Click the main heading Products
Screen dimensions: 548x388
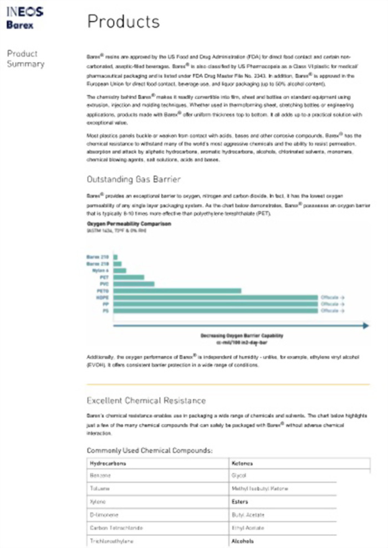pyautogui.click(x=123, y=22)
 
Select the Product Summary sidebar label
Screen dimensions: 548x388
pyautogui.click(x=25, y=59)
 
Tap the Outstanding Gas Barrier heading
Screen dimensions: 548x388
pyautogui.click(x=133, y=180)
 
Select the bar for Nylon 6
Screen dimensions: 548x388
pyautogui.click(x=120, y=270)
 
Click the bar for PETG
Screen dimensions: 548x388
pyautogui.click(x=177, y=290)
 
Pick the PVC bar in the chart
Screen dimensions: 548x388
pyautogui.click(x=134, y=284)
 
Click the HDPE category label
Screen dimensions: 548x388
pyautogui.click(x=103, y=298)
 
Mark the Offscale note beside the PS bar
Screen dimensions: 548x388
pyautogui.click(x=333, y=311)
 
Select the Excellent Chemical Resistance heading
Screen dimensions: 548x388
pyautogui.click(x=146, y=400)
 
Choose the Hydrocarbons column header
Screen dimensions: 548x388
pyautogui.click(x=105, y=462)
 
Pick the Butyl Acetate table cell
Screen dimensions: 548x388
pyautogui.click(x=247, y=515)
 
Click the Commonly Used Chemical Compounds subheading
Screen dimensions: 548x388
pyautogui.click(x=150, y=450)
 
